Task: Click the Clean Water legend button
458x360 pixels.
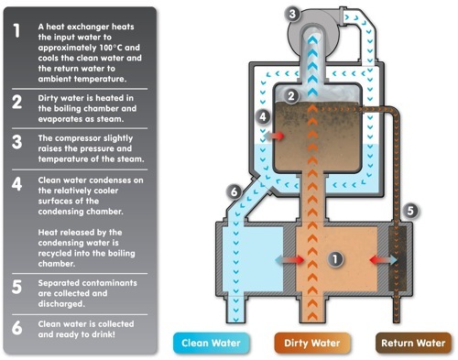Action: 211,343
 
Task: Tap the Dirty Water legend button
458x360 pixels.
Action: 312,343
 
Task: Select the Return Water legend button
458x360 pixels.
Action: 413,343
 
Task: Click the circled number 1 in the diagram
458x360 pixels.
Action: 335,259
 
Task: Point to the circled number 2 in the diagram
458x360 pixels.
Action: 291,96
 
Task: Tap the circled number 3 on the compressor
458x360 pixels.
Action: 292,14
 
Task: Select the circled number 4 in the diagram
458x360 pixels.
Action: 263,116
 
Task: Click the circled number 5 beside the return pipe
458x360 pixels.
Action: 410,211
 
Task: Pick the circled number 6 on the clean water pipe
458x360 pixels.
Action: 234,191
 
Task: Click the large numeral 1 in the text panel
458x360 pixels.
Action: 16,30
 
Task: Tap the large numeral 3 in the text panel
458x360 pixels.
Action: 16,142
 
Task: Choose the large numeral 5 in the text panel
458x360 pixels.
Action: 16,287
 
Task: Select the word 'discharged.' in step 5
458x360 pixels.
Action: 61,304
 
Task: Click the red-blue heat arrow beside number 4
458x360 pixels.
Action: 274,136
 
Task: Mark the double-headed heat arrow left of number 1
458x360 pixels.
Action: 289,260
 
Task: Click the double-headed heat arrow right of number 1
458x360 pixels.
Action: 383,260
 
